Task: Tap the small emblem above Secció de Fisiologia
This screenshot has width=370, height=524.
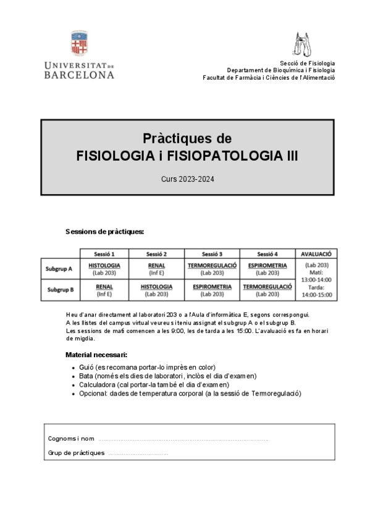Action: pyautogui.click(x=303, y=44)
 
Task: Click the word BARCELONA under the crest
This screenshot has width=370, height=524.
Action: pyautogui.click(x=79, y=75)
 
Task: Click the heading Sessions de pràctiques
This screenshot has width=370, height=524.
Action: pyautogui.click(x=104, y=232)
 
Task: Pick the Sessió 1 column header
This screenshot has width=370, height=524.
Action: pyautogui.click(x=104, y=253)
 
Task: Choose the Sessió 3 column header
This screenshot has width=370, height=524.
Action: pyautogui.click(x=212, y=253)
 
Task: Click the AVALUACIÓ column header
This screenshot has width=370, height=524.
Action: pyautogui.click(x=316, y=253)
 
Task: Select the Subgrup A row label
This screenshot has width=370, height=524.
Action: pyautogui.click(x=59, y=269)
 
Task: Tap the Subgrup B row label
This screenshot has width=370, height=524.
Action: pyautogui.click(x=59, y=289)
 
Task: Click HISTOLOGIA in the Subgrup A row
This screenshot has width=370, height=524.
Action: pyautogui.click(x=104, y=266)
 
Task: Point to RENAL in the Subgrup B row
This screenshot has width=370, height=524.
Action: pyautogui.click(x=104, y=287)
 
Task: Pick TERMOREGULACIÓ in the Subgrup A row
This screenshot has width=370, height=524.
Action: pyautogui.click(x=212, y=266)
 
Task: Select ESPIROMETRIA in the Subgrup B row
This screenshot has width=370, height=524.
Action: pyautogui.click(x=212, y=287)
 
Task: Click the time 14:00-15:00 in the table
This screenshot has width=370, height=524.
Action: pyautogui.click(x=316, y=295)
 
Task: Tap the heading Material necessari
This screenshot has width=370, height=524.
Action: pyautogui.click(x=96, y=355)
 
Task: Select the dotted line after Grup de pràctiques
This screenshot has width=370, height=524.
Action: pyautogui.click(x=138, y=454)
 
